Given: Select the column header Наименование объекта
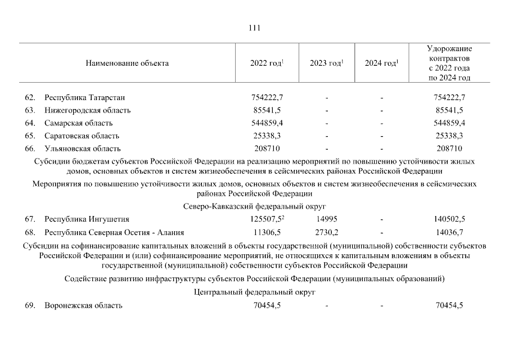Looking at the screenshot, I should tap(127, 64).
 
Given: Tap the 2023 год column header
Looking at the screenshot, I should tap(326, 64).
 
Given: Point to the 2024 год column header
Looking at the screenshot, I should tap(381, 64).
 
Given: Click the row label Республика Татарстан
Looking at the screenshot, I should tap(84, 97).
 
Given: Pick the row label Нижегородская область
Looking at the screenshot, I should tap(88, 110).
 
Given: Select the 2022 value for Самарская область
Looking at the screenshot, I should tap(267, 123).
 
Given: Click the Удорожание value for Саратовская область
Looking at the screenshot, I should tap(449, 136).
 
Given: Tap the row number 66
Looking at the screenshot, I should tap(30, 149).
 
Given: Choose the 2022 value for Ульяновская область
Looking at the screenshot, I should tap(267, 149).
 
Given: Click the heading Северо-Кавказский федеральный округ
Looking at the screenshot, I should tap(254, 206).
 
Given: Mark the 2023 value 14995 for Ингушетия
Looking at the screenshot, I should tap(326, 219).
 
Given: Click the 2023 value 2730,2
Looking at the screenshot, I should tap(326, 232).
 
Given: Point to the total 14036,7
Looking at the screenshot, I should tap(449, 232).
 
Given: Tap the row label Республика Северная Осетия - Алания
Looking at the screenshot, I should tap(114, 232).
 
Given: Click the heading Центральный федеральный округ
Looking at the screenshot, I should tap(254, 292).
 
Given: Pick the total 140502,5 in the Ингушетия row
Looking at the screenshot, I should tap(449, 219).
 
